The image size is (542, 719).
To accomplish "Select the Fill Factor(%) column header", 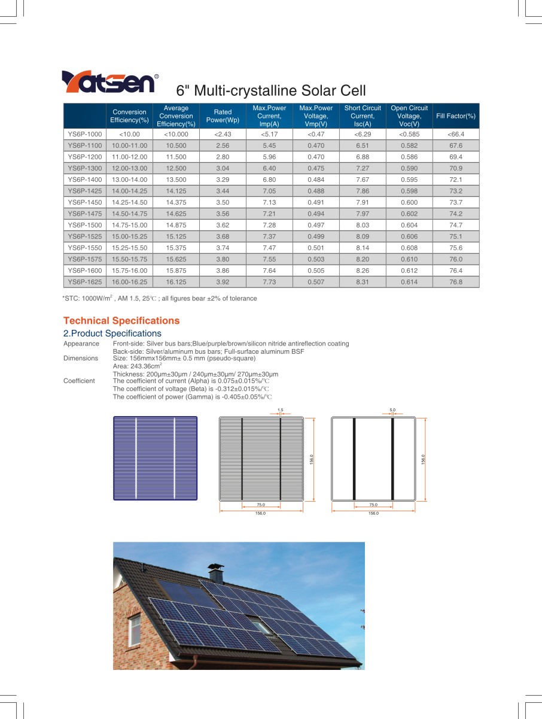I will (x=456, y=116).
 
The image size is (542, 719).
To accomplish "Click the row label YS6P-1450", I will (x=85, y=202).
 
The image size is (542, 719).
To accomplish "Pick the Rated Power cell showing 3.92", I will (x=223, y=282).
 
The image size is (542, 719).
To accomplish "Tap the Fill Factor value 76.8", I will (x=456, y=282).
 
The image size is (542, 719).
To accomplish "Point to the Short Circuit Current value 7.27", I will (x=363, y=168).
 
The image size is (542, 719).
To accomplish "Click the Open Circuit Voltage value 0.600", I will (x=409, y=202).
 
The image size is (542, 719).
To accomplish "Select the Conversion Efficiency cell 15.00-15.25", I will (x=129, y=236).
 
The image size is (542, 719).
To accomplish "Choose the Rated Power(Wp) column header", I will (x=223, y=116).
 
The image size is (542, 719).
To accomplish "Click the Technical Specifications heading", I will (x=121, y=321).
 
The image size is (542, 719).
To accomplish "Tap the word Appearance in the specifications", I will (x=81, y=344).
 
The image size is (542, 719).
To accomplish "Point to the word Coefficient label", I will (x=79, y=381).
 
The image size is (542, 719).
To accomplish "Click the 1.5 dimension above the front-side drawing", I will (x=280, y=410).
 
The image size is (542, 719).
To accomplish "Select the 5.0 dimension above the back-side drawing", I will (x=392, y=410).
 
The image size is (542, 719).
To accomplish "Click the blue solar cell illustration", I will (x=156, y=458).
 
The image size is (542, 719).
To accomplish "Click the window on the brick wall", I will (x=135, y=630).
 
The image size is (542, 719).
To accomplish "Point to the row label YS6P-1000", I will (x=85, y=134).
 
